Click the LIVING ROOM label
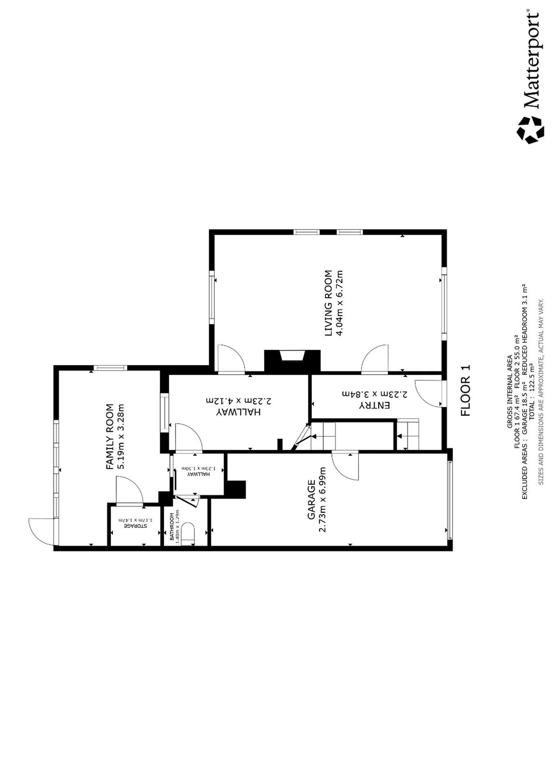point(328,303)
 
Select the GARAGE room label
point(312,500)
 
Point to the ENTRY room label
point(375,405)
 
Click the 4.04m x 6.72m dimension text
point(339,303)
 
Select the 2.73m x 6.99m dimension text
point(322,500)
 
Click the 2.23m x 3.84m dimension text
point(375,394)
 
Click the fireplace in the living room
point(292,361)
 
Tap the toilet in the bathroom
point(188,534)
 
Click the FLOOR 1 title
point(466,391)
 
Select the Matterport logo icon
point(530,130)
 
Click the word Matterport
point(532,60)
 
